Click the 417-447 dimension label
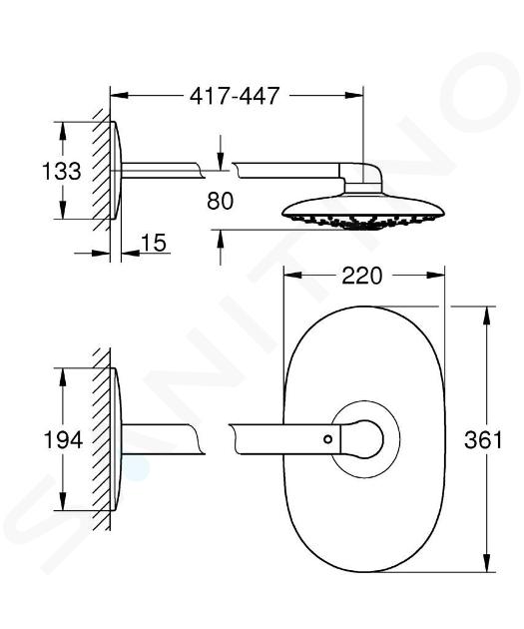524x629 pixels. point(235,96)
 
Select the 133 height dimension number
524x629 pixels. point(62,171)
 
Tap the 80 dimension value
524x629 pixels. point(221,201)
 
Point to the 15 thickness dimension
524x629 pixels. point(154,243)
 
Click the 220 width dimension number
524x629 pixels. point(362,276)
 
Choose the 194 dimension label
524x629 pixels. point(63,439)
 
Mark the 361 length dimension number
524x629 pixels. point(483,439)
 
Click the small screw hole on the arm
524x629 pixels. point(328,439)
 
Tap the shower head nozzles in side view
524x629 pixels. point(363,222)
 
